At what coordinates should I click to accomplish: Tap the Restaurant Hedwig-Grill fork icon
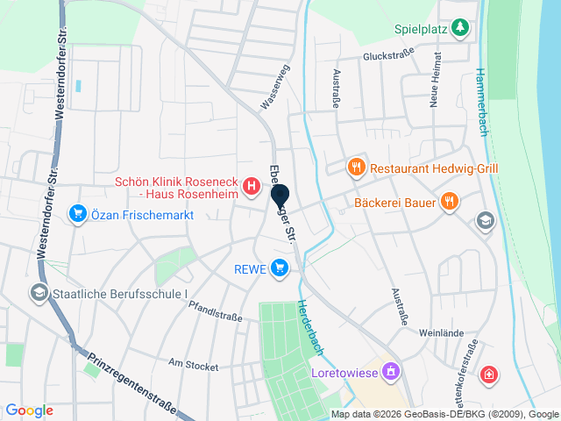click(x=356, y=167)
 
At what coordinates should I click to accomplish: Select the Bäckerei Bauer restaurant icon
click(x=450, y=201)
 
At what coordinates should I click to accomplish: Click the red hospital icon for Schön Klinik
click(x=252, y=186)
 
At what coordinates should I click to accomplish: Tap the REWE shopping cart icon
click(x=280, y=268)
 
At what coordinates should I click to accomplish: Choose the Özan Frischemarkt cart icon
click(x=78, y=212)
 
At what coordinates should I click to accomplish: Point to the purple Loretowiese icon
click(x=391, y=371)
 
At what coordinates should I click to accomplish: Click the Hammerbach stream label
click(x=480, y=101)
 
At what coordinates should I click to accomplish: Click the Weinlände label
click(x=440, y=333)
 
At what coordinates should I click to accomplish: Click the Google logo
click(x=29, y=410)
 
